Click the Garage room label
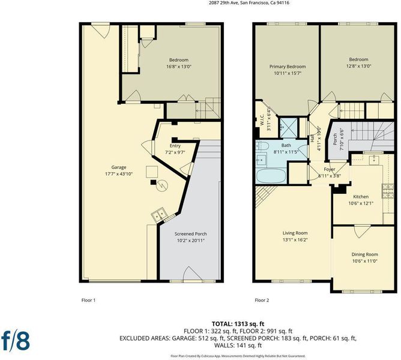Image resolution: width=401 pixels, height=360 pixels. click(119, 167)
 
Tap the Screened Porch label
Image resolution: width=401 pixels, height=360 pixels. click(190, 234)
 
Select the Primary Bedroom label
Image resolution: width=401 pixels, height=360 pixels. click(288, 67)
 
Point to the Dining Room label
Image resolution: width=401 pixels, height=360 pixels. click(365, 254)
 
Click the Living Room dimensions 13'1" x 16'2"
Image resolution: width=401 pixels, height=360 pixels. click(295, 240)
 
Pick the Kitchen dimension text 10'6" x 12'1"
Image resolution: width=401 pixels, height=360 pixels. click(361, 203)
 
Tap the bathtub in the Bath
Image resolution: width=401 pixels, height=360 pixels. click(271, 176)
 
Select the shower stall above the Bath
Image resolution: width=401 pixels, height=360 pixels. click(289, 127)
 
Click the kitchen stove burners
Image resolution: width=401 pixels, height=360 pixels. click(388, 191)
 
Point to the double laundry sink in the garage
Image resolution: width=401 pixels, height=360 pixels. click(159, 214)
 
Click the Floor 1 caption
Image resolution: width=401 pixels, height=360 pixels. click(88, 300)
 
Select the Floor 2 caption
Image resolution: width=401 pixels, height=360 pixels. click(262, 300)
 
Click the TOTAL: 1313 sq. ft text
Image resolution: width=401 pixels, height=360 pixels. click(238, 324)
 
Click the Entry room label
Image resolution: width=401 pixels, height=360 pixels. click(175, 146)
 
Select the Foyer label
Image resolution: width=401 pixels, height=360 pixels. click(330, 169)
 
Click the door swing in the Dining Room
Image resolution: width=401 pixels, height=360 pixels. click(362, 232)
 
